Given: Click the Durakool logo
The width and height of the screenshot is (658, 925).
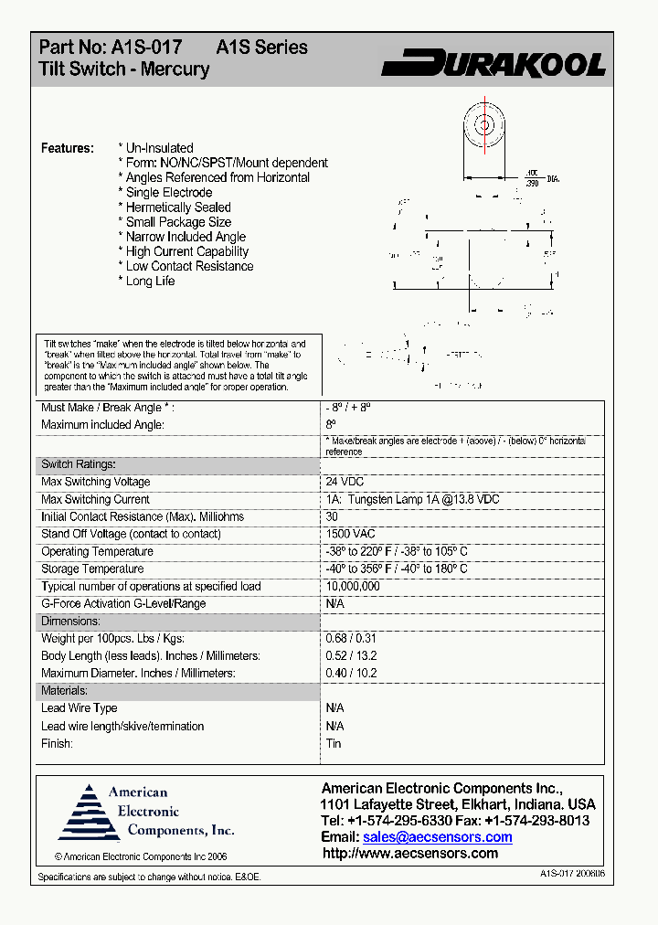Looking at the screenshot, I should [x=493, y=63].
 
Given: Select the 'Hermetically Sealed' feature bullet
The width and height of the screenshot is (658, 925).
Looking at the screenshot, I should [x=177, y=207].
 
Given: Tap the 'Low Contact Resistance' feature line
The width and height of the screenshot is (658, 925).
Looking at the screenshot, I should [x=188, y=266].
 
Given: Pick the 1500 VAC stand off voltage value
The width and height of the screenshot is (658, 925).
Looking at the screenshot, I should [x=350, y=534].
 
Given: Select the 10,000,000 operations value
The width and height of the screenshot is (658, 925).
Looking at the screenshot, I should [x=353, y=586].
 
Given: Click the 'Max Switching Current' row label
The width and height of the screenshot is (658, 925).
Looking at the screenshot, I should [x=95, y=499].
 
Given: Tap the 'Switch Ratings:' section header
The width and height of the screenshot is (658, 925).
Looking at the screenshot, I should [x=79, y=464].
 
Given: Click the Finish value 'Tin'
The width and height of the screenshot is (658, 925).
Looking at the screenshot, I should [x=334, y=743].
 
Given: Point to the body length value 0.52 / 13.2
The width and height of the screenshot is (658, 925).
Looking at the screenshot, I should [x=351, y=655].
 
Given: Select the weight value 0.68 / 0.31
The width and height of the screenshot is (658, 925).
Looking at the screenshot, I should [x=351, y=638].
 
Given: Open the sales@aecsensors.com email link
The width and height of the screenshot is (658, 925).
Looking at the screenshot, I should [x=437, y=837].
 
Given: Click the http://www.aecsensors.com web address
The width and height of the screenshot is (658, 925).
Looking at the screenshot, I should [x=410, y=854].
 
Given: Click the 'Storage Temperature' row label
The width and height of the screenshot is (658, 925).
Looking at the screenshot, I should [x=92, y=569].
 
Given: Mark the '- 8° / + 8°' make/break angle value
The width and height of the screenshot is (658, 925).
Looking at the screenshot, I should [x=348, y=408].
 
